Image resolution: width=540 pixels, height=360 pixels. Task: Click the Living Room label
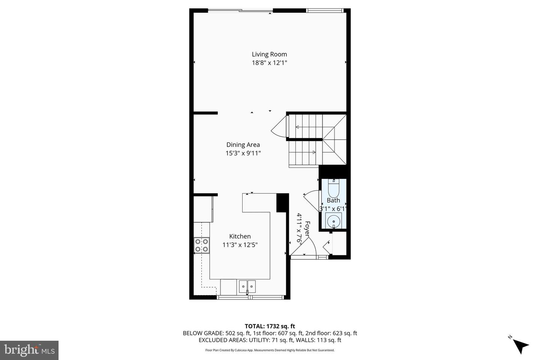tap(269, 54)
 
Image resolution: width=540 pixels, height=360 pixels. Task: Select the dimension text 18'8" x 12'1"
tap(269, 63)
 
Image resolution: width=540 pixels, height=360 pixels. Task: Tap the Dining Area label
tap(243, 145)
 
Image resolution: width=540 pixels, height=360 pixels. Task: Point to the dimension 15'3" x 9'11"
tap(243, 153)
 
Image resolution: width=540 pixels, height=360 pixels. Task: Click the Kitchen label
tap(240, 236)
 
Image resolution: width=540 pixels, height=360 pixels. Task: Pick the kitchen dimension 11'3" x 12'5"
tap(240, 245)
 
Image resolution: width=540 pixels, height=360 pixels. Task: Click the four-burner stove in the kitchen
tap(201, 245)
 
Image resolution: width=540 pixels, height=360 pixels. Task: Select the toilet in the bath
tap(333, 188)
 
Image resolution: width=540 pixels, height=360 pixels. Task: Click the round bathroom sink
tap(333, 221)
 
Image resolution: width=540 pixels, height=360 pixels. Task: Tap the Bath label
tap(333, 200)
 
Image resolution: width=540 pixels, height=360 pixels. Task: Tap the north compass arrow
tap(520, 345)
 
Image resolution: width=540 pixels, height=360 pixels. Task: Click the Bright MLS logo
tap(29, 350)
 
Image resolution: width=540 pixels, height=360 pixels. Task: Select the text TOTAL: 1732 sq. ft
tap(270, 326)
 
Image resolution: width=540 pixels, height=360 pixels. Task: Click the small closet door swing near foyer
tap(327, 246)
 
